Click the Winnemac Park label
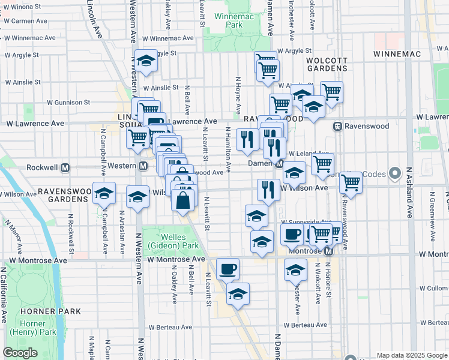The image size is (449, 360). click(227, 20)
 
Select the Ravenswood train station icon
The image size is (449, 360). click(337, 127)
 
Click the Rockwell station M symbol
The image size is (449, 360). click(66, 167)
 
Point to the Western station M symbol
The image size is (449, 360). click(143, 166)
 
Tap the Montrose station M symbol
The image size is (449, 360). click(328, 251)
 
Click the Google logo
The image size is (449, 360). click(20, 353)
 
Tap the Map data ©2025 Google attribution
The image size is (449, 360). click(411, 355)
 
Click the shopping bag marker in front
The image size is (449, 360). click(184, 198)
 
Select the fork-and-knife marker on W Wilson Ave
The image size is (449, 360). click(268, 190)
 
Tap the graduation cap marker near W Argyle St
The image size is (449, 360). click(145, 61)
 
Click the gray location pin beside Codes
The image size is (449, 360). click(395, 174)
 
